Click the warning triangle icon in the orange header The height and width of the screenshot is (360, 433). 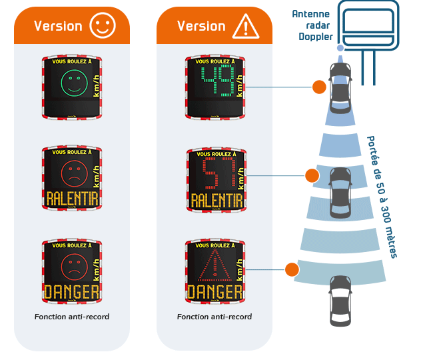(246, 26)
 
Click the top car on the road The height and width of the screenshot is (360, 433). (340, 87)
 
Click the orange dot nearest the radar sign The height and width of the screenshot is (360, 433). (319, 87)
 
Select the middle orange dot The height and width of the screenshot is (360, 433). (312, 176)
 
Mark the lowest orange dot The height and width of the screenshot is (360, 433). (292, 269)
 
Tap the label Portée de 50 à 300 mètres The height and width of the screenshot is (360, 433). (383, 197)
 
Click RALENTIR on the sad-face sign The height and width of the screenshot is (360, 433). (72, 199)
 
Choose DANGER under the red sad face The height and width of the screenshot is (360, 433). (72, 291)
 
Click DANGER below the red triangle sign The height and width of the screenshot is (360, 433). (215, 291)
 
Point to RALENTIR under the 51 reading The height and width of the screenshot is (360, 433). (215, 199)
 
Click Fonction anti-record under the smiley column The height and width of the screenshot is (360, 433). (72, 317)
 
